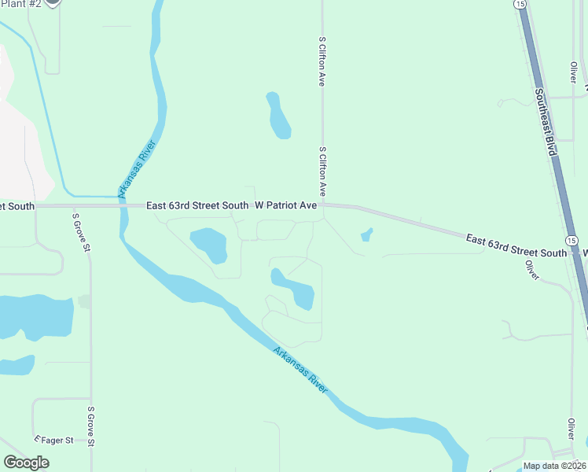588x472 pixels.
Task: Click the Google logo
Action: pos(27,462)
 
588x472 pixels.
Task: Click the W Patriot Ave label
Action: pos(285,205)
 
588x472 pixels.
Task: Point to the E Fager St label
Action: pos(53,441)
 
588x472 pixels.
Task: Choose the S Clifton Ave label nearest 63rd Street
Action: pos(322,171)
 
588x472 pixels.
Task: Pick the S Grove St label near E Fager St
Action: pos(91,426)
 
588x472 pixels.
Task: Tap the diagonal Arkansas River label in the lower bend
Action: pos(300,371)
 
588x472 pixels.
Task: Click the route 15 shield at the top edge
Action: pos(520,4)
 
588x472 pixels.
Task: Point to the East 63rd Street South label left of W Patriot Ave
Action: pos(198,205)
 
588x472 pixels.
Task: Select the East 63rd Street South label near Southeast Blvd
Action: pos(516,245)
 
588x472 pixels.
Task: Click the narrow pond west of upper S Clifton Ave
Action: pos(277,116)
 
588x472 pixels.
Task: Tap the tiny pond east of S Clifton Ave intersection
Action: pos(366,234)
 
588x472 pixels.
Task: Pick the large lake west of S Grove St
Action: pos(35,316)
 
